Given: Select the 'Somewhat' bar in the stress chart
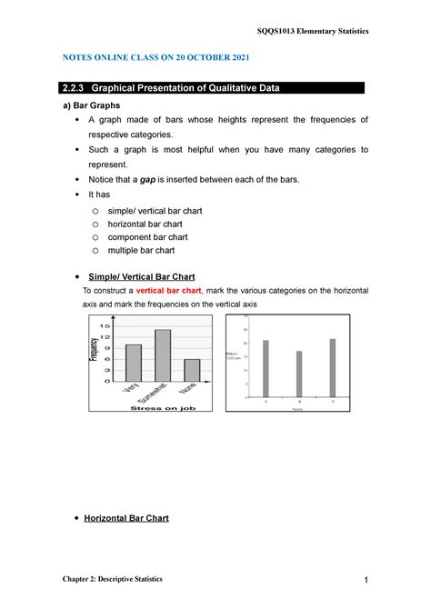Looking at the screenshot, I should pos(163,354).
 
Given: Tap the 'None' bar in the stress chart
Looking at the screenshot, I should pos(192,370).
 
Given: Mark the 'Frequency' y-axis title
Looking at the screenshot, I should pos(94,349).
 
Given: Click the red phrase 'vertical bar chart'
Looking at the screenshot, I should pos(168,289).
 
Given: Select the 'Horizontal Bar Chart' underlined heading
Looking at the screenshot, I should pos(125,518).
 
